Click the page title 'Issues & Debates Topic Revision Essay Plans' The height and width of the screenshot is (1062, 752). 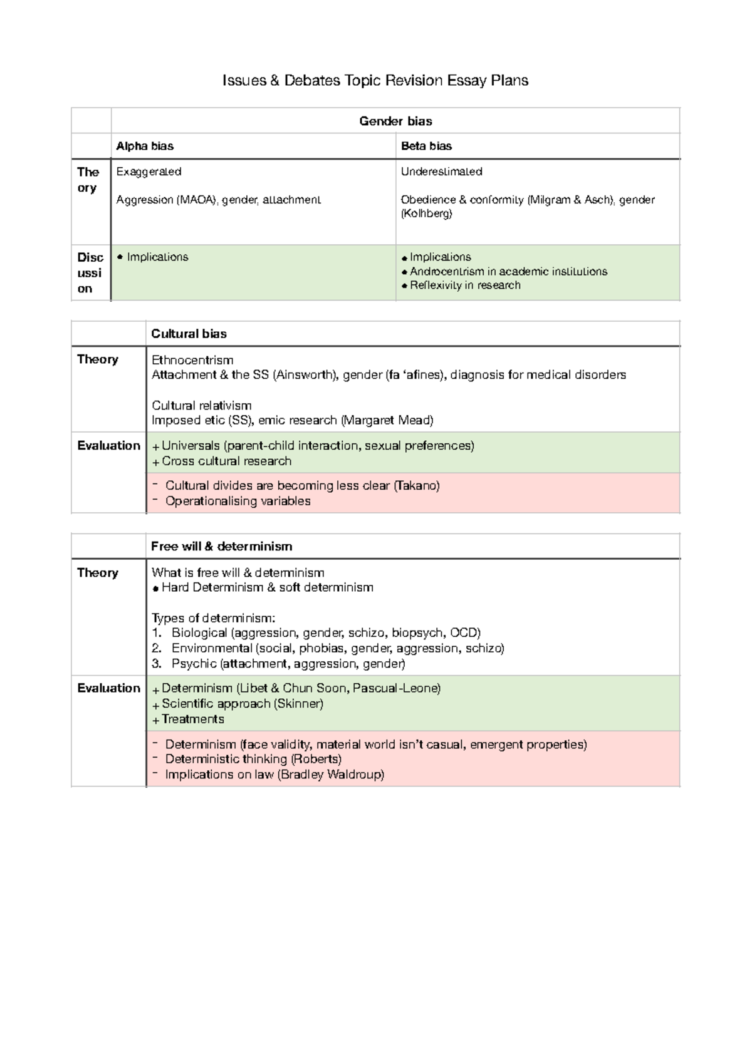(x=375, y=81)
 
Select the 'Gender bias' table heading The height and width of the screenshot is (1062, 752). (x=395, y=121)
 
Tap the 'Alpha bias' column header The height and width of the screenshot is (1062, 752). (x=145, y=147)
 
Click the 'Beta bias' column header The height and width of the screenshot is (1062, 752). (x=426, y=147)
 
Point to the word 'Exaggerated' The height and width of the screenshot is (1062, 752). (x=149, y=172)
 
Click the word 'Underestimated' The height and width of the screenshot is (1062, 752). (x=441, y=172)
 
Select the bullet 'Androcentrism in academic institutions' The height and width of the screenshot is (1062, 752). (x=508, y=272)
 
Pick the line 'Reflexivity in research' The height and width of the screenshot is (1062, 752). (x=465, y=286)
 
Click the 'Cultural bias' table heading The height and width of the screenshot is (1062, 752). (x=189, y=334)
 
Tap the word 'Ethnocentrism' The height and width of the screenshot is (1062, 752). (x=192, y=360)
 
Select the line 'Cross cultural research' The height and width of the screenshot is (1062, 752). (x=226, y=461)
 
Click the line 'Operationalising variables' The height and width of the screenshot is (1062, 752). (x=238, y=501)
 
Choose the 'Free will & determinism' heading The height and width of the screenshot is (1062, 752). (x=221, y=547)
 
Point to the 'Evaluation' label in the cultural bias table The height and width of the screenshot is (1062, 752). (x=108, y=446)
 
